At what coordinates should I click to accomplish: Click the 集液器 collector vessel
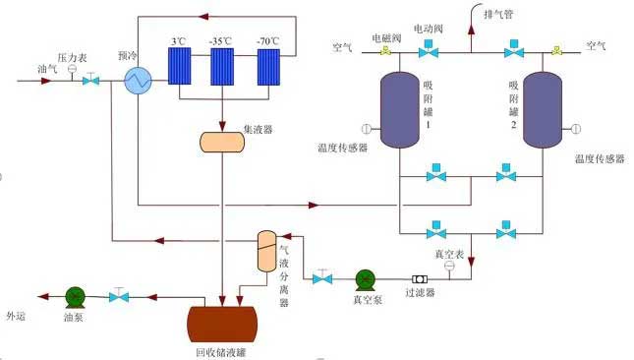(222, 141)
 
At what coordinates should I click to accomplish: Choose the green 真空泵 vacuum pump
(365, 279)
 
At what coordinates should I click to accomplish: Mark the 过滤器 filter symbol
(420, 279)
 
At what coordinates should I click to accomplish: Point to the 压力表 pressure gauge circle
(73, 68)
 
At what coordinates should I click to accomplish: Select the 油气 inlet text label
(48, 69)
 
